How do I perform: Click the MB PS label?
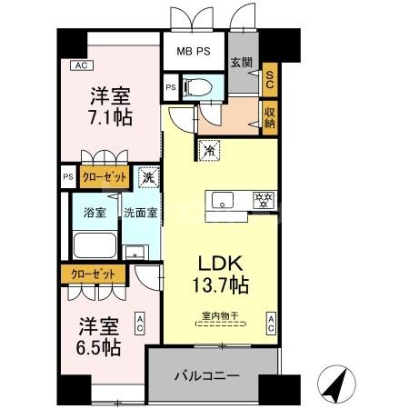[x=194, y=52]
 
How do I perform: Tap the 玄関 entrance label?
[x=241, y=63]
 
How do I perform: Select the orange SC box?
[x=269, y=79]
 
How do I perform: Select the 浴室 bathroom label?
[x=94, y=213]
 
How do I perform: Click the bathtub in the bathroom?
[x=94, y=246]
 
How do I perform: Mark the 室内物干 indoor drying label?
[x=220, y=316]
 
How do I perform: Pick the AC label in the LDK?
[x=271, y=320]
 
